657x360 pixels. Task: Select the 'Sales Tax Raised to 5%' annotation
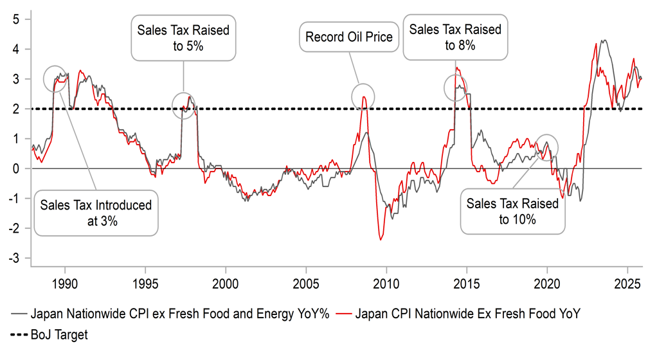coord(183,37)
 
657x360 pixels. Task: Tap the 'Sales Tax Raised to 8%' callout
coord(455,37)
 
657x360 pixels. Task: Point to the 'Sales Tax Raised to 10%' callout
coord(512,211)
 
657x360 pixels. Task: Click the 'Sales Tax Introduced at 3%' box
coord(96,213)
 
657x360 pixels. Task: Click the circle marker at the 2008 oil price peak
coord(363,96)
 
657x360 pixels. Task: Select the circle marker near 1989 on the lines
coord(55,78)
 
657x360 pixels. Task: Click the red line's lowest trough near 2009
coord(381,239)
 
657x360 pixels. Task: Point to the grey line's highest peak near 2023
coord(603,40)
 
